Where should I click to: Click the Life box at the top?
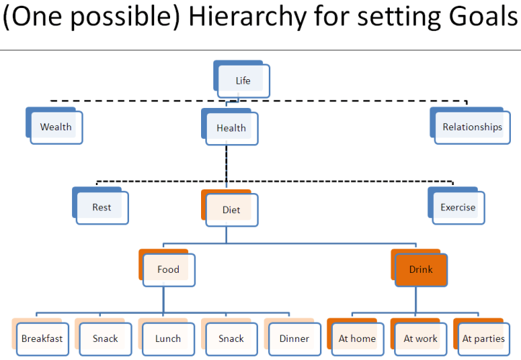pos(244,81)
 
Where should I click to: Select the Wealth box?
pos(56,127)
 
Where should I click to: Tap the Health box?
pos(231,128)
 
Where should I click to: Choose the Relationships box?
pos(472,127)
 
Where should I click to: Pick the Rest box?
pos(102,207)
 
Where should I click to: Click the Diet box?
pos(231,210)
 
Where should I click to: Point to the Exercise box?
pos(458,207)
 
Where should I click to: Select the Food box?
pos(169,269)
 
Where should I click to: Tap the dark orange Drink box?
pos(421,269)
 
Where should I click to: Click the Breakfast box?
pos(42,338)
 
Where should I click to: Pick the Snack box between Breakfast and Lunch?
pos(105,338)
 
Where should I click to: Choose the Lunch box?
pos(168,338)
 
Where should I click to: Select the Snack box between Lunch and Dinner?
pos(231,338)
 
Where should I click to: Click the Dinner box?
pos(294,338)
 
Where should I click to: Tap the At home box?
pos(357,338)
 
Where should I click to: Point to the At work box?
pos(421,338)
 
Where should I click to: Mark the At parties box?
pos(484,338)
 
